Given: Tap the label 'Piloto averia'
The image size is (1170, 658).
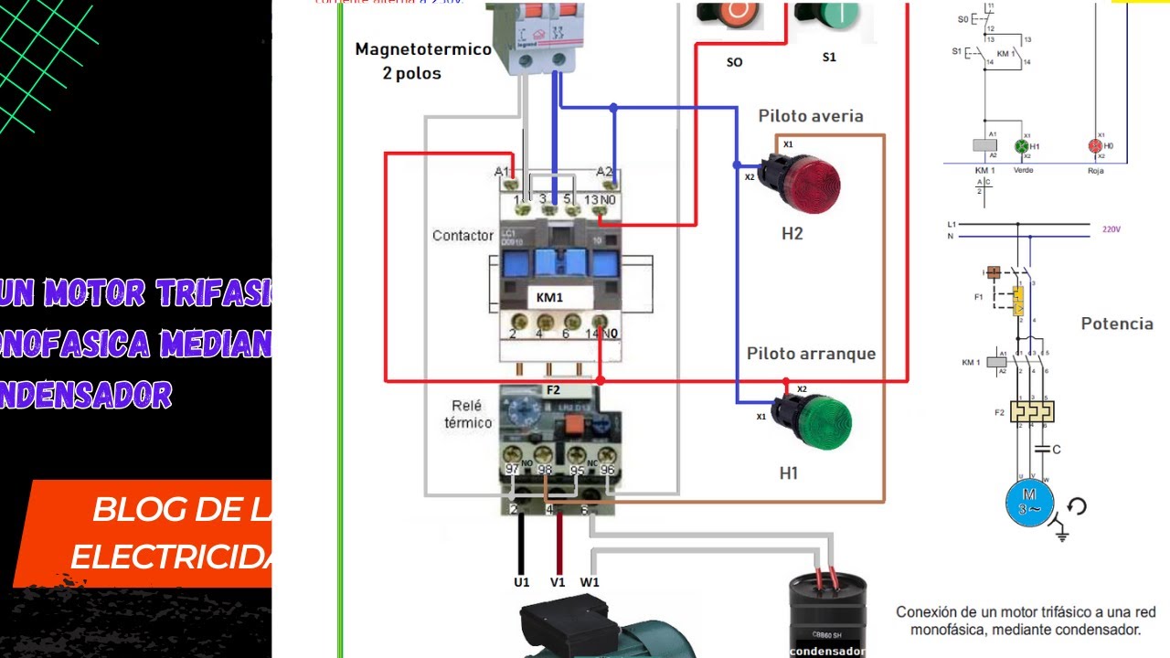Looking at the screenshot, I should click(810, 116).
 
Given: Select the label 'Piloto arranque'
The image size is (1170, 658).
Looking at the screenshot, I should click(811, 354).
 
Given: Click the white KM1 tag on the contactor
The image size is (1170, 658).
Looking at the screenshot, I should click(549, 298).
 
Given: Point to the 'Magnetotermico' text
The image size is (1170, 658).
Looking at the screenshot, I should click(423, 49).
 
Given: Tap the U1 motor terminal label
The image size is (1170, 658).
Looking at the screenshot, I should click(521, 582).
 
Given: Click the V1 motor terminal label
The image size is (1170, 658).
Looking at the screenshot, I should click(558, 582).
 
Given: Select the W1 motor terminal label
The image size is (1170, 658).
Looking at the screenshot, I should click(590, 582).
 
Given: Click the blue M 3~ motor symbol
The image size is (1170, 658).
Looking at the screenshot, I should click(1030, 502).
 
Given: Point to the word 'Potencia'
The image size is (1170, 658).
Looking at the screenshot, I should click(1116, 324).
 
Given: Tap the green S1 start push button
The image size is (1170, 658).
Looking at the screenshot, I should click(826, 14).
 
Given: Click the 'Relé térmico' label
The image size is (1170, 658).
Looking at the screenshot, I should click(468, 414).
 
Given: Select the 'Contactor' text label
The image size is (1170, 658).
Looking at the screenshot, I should click(463, 236).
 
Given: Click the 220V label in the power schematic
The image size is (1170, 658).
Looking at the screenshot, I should click(1111, 229).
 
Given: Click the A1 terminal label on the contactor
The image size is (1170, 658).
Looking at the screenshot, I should click(502, 171).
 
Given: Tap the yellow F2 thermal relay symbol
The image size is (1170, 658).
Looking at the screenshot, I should click(1032, 411).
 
